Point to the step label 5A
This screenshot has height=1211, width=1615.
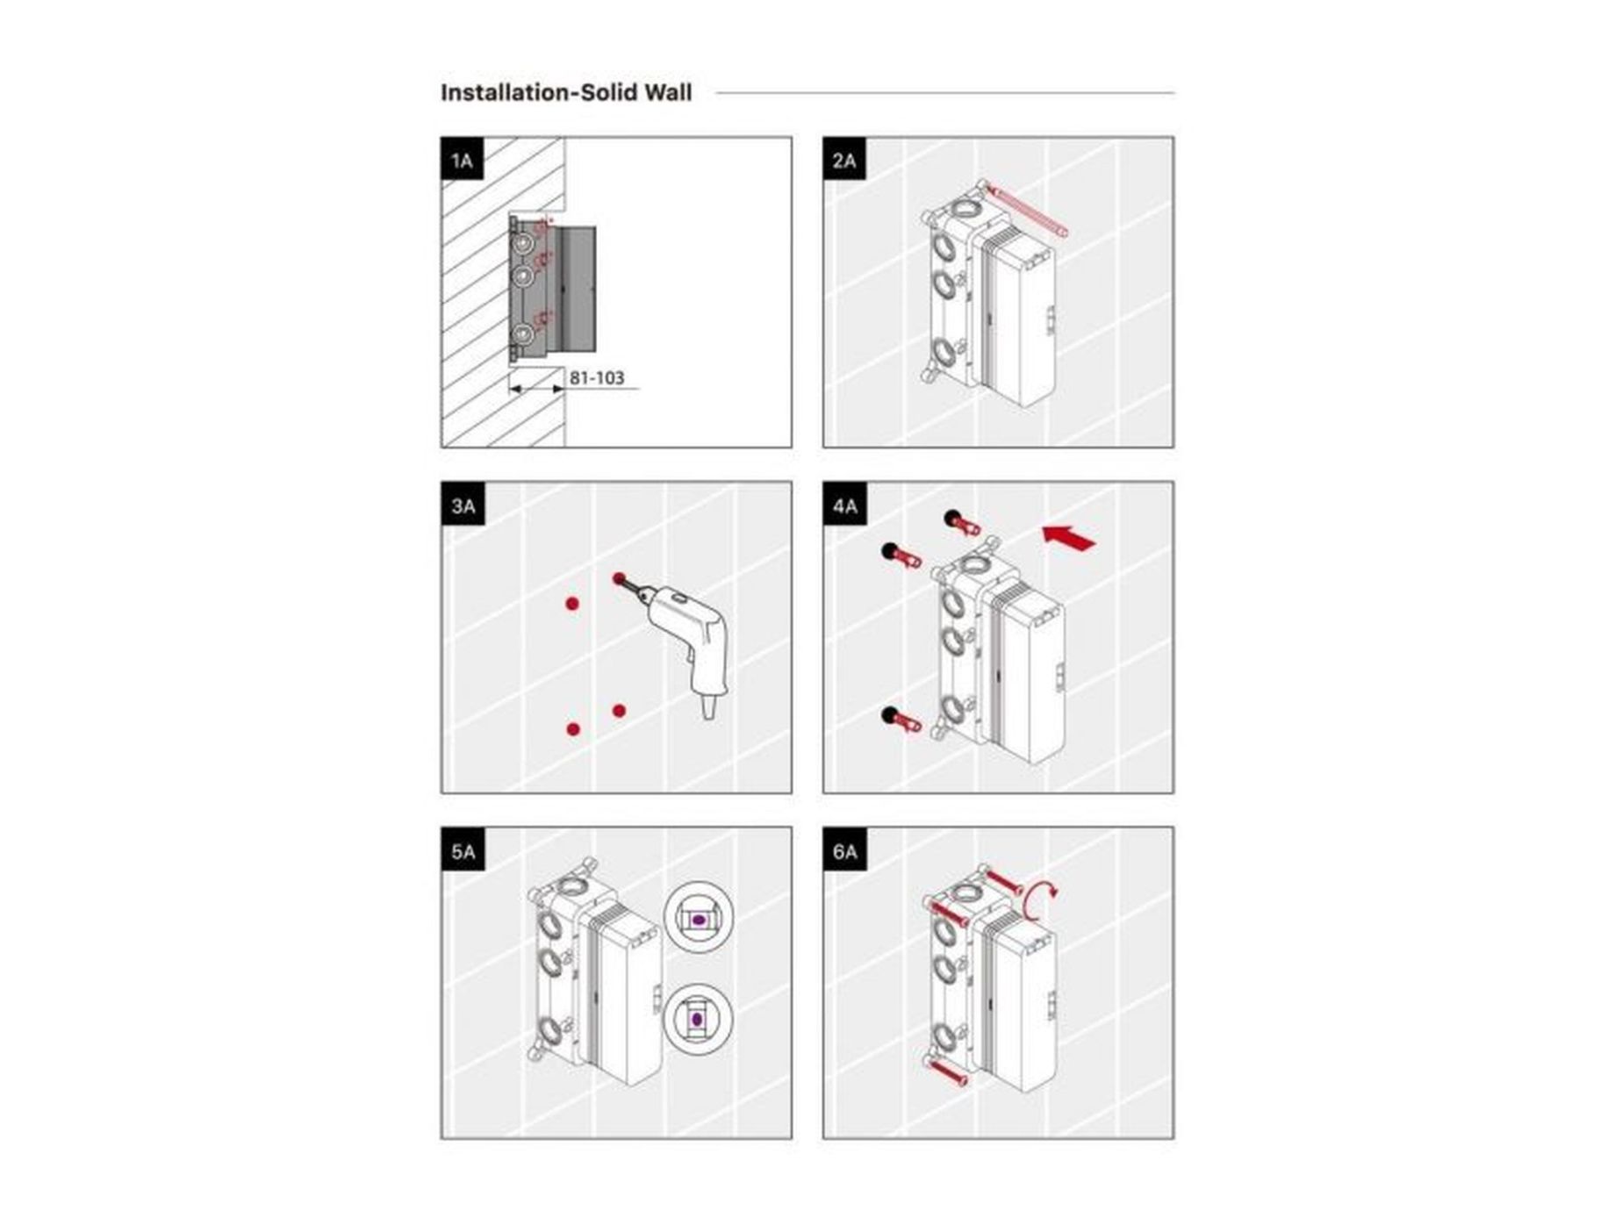(x=463, y=850)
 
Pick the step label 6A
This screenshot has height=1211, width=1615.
(x=844, y=850)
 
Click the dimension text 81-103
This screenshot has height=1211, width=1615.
(x=597, y=377)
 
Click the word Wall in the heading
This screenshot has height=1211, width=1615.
(x=669, y=92)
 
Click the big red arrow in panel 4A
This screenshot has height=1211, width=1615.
(x=1069, y=537)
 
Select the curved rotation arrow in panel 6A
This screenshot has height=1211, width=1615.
(x=1038, y=901)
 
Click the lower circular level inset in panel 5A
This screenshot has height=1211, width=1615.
(x=699, y=1019)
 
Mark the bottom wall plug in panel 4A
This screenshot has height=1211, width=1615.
(x=901, y=719)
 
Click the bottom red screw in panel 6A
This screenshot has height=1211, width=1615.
(x=948, y=1071)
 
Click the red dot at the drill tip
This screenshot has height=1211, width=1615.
(x=620, y=579)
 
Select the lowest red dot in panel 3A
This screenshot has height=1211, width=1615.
(x=574, y=728)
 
